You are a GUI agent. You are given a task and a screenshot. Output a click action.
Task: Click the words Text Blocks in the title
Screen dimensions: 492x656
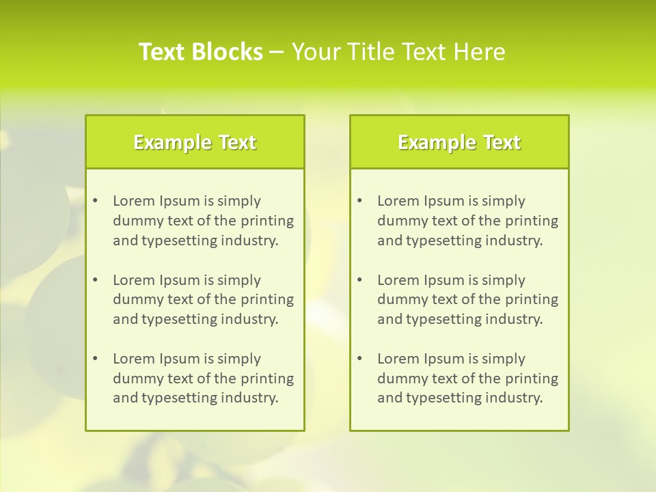pos(200,52)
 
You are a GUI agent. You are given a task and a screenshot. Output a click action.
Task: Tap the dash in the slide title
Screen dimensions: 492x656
pos(277,53)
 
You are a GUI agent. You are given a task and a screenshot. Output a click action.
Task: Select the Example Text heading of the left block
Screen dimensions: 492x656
pos(195,142)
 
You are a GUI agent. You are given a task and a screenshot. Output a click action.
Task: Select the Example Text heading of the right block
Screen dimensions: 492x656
pos(459,142)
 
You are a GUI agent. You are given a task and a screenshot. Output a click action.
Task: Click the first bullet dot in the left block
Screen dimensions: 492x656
pos(95,201)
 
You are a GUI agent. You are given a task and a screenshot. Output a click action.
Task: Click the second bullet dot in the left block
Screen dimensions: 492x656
pos(95,280)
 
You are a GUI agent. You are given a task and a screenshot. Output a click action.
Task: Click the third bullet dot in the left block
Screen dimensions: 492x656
pos(95,359)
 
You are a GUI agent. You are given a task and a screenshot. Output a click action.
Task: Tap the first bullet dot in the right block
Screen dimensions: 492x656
pos(359,201)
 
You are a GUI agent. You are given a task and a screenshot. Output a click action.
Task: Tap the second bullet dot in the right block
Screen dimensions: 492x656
pos(359,280)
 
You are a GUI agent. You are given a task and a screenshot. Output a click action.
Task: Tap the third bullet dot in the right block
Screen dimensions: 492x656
pos(359,359)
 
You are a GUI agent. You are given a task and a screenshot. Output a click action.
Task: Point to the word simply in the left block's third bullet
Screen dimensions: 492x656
pos(239,359)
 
